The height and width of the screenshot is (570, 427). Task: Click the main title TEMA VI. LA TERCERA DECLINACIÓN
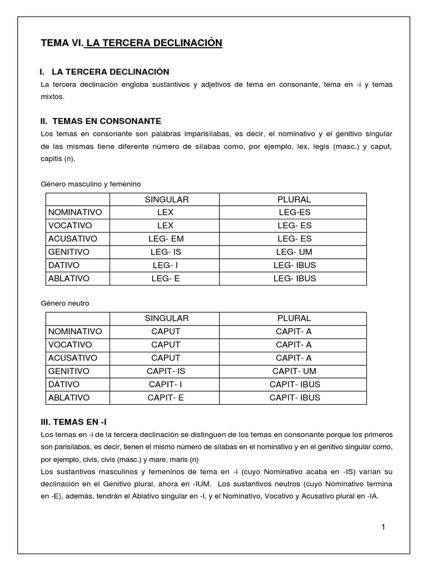tap(132, 43)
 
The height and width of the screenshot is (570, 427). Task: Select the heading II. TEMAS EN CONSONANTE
tap(101, 121)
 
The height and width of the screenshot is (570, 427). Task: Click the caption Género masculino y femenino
tap(91, 184)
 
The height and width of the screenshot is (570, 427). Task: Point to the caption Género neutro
tap(65, 303)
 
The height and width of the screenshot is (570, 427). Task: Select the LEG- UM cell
tap(294, 252)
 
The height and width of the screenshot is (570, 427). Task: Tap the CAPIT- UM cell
tap(294, 371)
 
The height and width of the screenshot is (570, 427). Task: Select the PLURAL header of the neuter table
tap(294, 318)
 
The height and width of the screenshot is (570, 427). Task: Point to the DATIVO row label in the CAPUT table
tap(64, 384)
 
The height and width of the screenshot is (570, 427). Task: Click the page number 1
tap(384, 527)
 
